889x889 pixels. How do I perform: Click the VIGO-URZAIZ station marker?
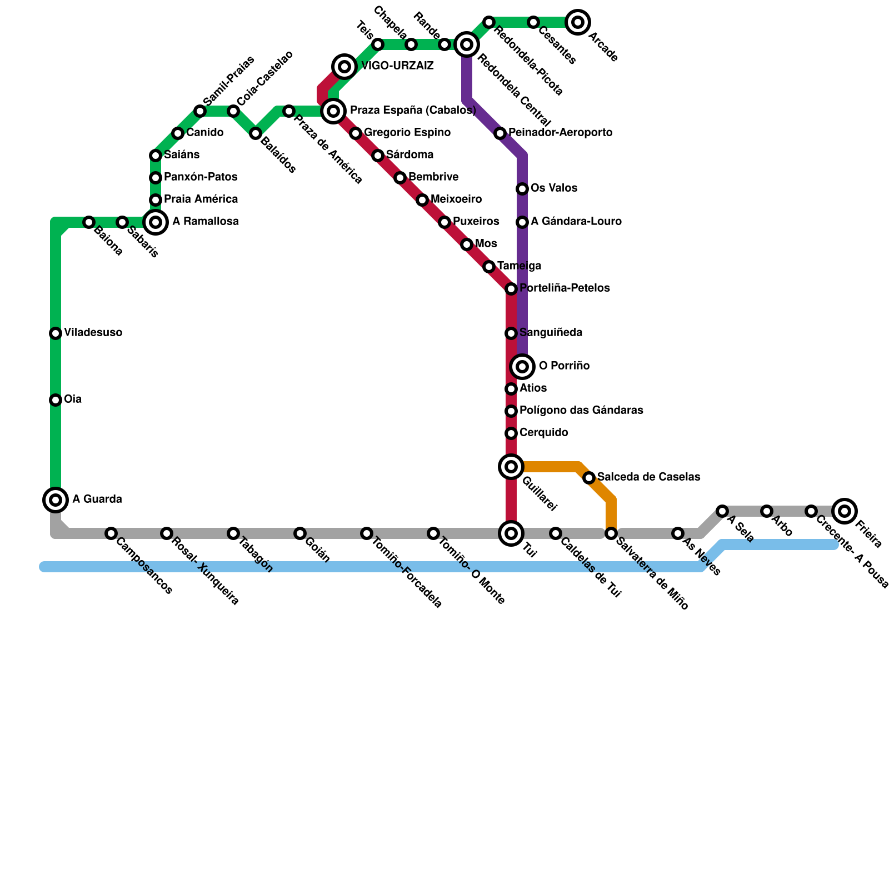[344, 67]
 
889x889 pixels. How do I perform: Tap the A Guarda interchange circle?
[56, 500]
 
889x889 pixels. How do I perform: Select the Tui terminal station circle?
[511, 533]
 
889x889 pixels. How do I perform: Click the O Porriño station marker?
[522, 366]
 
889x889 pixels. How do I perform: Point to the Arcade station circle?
[578, 22]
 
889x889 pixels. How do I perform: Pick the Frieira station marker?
[845, 511]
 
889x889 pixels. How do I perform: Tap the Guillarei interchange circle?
[511, 466]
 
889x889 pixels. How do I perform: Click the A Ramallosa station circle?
[156, 222]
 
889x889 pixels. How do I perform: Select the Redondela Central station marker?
[467, 44]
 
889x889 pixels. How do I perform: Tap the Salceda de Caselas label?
[648, 477]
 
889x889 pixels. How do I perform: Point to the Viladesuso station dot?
[56, 333]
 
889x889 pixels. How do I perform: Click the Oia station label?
[73, 399]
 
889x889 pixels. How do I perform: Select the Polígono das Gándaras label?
[581, 411]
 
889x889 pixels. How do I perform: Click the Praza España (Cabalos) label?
[413, 111]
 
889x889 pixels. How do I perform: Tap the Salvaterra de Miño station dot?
[611, 533]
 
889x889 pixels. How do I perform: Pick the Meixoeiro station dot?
[422, 200]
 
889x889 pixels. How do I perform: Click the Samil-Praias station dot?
[200, 111]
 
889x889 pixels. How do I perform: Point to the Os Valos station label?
[553, 188]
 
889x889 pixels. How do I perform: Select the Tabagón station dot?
[233, 533]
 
